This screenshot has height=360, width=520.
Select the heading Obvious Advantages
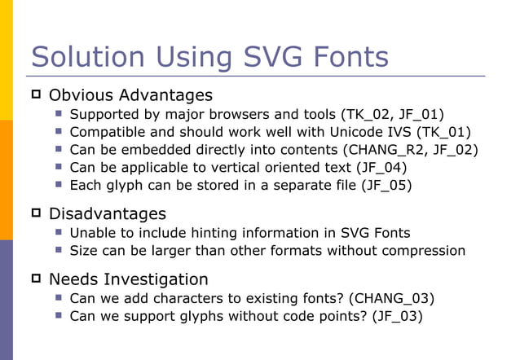[130, 95]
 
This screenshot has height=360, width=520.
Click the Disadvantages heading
[108, 214]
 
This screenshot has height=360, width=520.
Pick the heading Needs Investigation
[128, 279]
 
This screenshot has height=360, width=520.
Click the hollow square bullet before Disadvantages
[36, 214]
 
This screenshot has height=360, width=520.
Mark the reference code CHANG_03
[390, 298]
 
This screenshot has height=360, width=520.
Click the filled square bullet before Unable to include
[59, 233]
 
